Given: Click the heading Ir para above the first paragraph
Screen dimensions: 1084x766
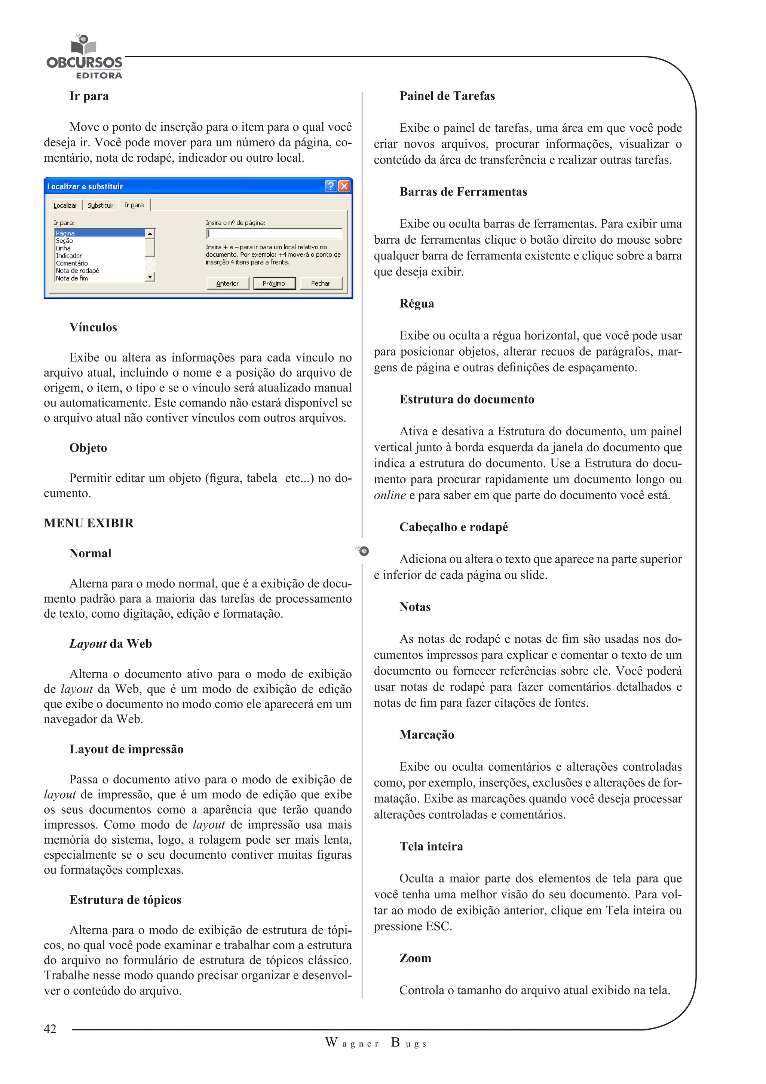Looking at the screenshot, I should pos(89,96).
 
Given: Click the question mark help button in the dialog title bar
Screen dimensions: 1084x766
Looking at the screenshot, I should pos(331,186).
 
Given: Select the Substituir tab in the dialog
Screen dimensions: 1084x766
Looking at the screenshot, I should pos(101,205).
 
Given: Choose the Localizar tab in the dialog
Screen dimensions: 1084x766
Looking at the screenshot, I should pos(65,205).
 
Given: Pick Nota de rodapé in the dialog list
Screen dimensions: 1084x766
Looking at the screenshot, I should pos(78,271).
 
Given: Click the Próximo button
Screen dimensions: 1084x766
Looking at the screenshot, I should pos(274,283).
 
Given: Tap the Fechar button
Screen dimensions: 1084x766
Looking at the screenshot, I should pos(321,283).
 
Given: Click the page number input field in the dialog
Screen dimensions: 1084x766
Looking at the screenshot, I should pos(274,234).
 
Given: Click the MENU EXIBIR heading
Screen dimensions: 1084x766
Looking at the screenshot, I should pos(89,523).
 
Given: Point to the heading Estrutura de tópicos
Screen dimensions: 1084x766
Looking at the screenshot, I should pos(125,900).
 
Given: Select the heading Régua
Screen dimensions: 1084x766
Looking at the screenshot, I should pos(417,304).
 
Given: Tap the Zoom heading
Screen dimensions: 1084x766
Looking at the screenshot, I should pos(415,958).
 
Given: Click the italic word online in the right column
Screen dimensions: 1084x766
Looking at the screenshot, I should pos(390,495).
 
